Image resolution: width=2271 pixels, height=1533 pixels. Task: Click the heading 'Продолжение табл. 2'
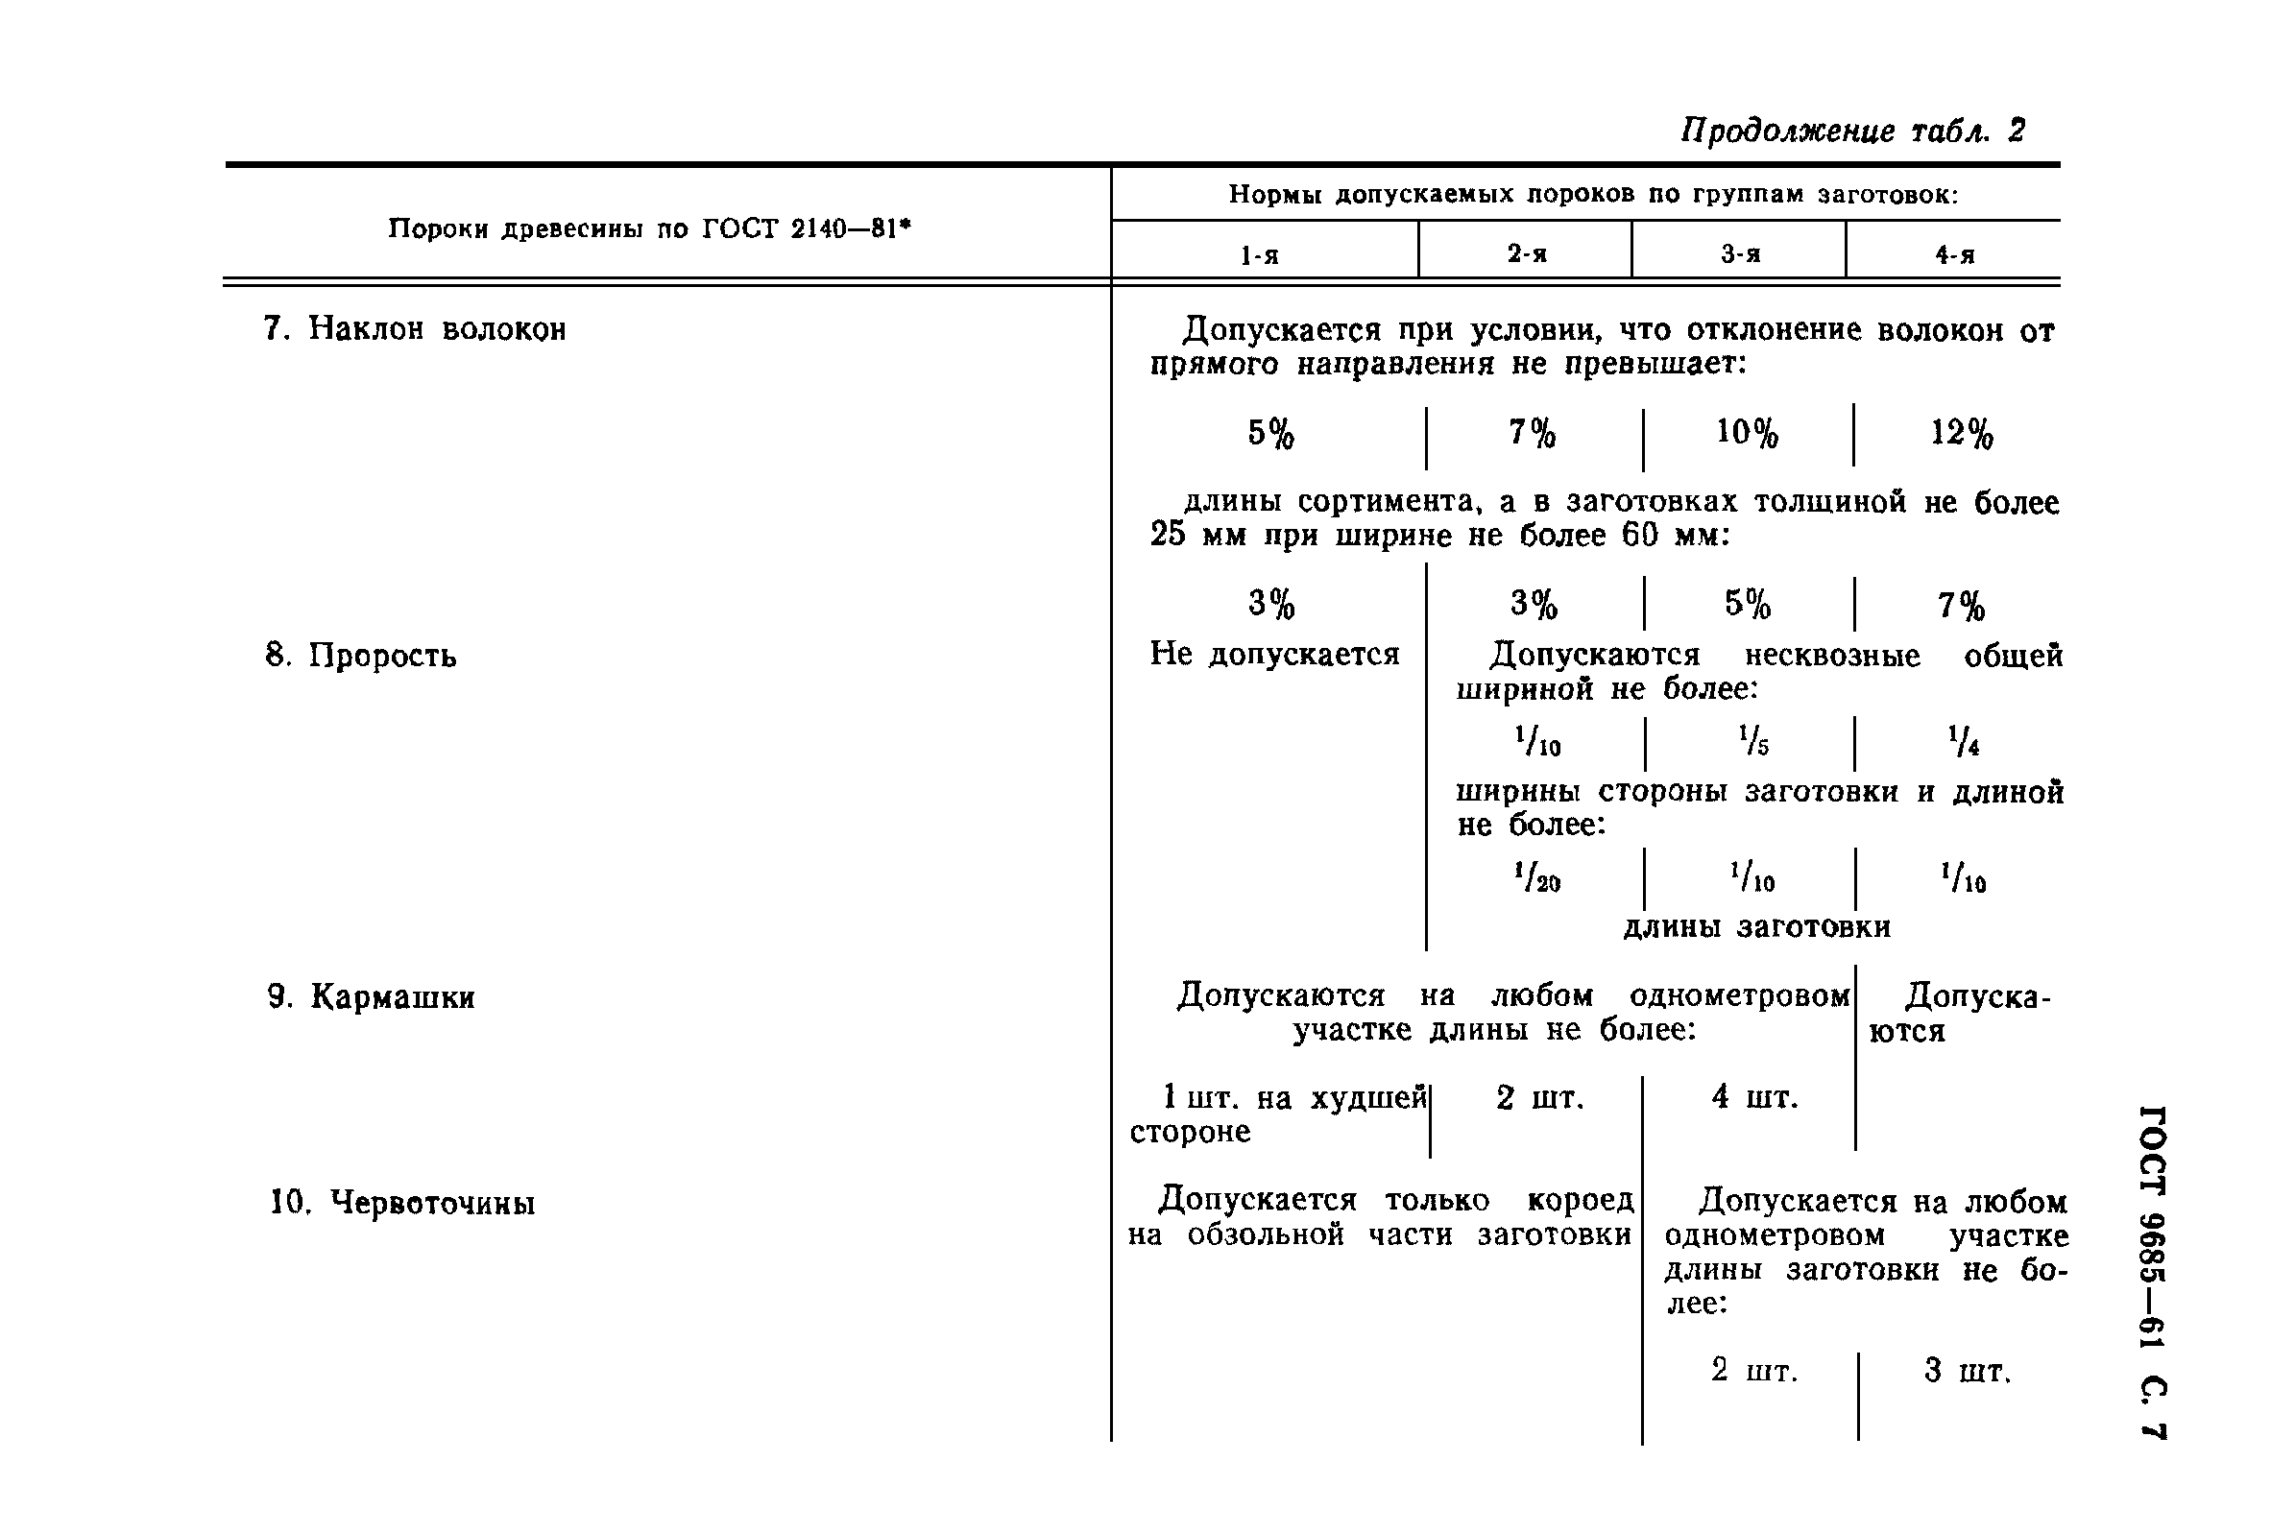(x=1852, y=131)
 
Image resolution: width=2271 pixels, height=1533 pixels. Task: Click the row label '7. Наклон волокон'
(x=414, y=329)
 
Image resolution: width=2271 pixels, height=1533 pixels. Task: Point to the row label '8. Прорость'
(x=361, y=656)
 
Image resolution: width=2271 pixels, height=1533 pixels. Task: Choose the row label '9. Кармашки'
(x=372, y=997)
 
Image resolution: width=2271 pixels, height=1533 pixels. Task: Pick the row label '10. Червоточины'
(x=402, y=1203)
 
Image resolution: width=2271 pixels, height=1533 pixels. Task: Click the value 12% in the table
(x=1961, y=433)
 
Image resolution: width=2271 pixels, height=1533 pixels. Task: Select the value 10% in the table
(x=1748, y=432)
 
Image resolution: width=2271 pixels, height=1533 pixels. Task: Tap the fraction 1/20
(x=1537, y=876)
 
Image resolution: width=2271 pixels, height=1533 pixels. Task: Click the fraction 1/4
(x=1963, y=742)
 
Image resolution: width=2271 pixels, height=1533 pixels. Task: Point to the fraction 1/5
(x=1753, y=742)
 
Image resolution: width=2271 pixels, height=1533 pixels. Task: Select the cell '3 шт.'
(x=1968, y=1371)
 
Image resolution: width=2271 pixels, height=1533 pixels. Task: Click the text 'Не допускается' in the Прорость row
(x=1274, y=654)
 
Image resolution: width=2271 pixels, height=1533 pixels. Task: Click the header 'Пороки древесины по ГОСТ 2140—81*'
(x=649, y=229)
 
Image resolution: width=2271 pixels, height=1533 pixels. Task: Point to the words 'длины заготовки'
(x=1756, y=926)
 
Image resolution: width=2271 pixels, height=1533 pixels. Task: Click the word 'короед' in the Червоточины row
(x=1580, y=1200)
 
